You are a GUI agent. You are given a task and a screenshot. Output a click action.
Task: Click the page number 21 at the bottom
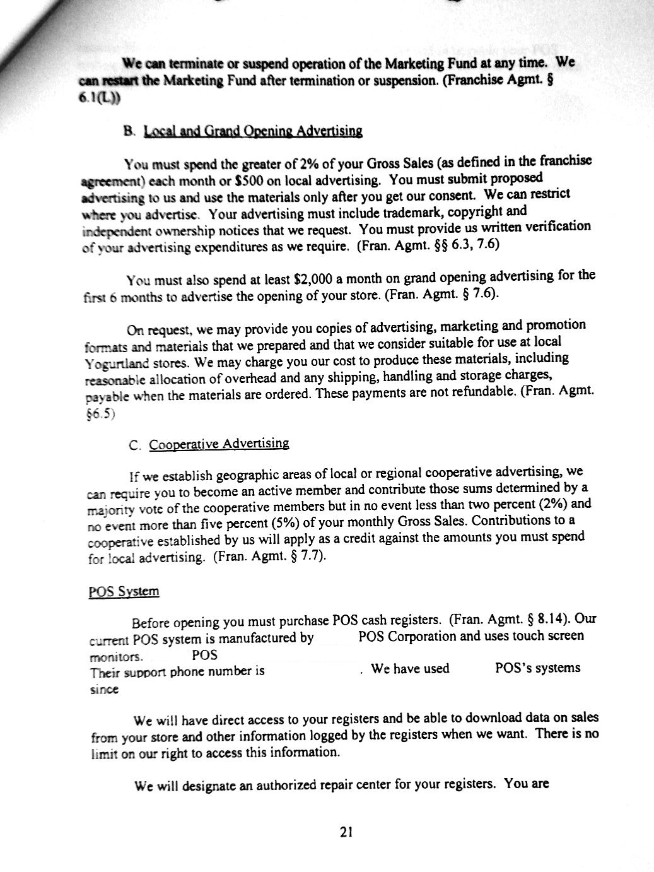(x=345, y=832)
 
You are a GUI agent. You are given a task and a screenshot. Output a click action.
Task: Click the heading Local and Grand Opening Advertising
(x=253, y=131)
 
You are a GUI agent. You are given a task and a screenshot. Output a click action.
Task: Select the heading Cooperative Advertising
(x=219, y=444)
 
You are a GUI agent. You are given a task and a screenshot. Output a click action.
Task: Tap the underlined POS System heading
(x=124, y=591)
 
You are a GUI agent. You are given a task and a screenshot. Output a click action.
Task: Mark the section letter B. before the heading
(x=130, y=131)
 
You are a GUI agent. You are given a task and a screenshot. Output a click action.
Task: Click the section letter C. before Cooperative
(x=134, y=445)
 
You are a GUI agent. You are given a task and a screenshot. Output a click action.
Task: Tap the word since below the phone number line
(x=104, y=690)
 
